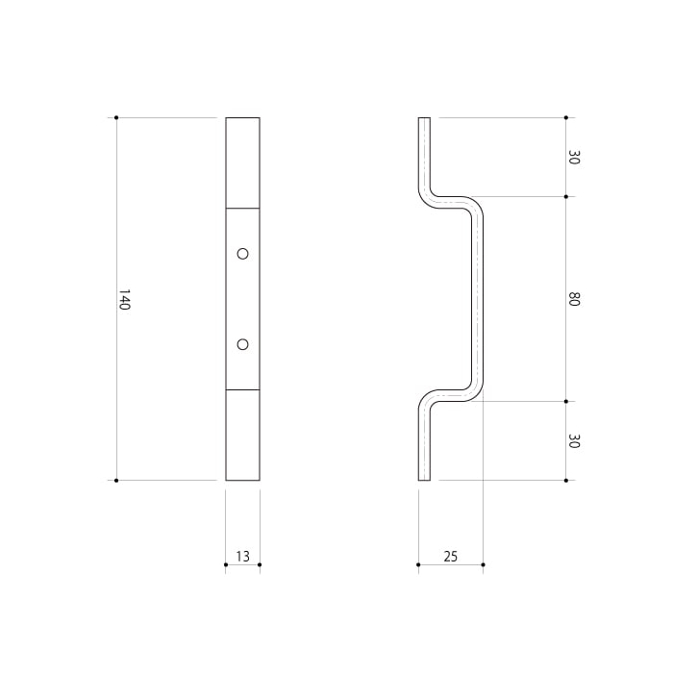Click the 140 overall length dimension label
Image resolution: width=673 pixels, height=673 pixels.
click(x=124, y=300)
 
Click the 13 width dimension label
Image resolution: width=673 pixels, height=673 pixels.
click(x=242, y=557)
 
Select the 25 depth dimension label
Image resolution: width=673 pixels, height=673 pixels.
click(x=451, y=557)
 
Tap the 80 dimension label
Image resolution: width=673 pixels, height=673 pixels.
click(x=574, y=299)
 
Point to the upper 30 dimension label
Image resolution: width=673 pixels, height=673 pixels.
click(x=574, y=157)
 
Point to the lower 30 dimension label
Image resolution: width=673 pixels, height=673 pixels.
click(x=574, y=440)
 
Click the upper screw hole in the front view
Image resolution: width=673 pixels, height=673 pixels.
click(x=242, y=254)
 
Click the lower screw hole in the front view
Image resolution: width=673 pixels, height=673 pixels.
click(x=242, y=344)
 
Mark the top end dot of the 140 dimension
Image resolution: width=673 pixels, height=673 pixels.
click(x=116, y=117)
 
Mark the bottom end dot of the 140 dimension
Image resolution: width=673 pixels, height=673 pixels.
click(x=116, y=481)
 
